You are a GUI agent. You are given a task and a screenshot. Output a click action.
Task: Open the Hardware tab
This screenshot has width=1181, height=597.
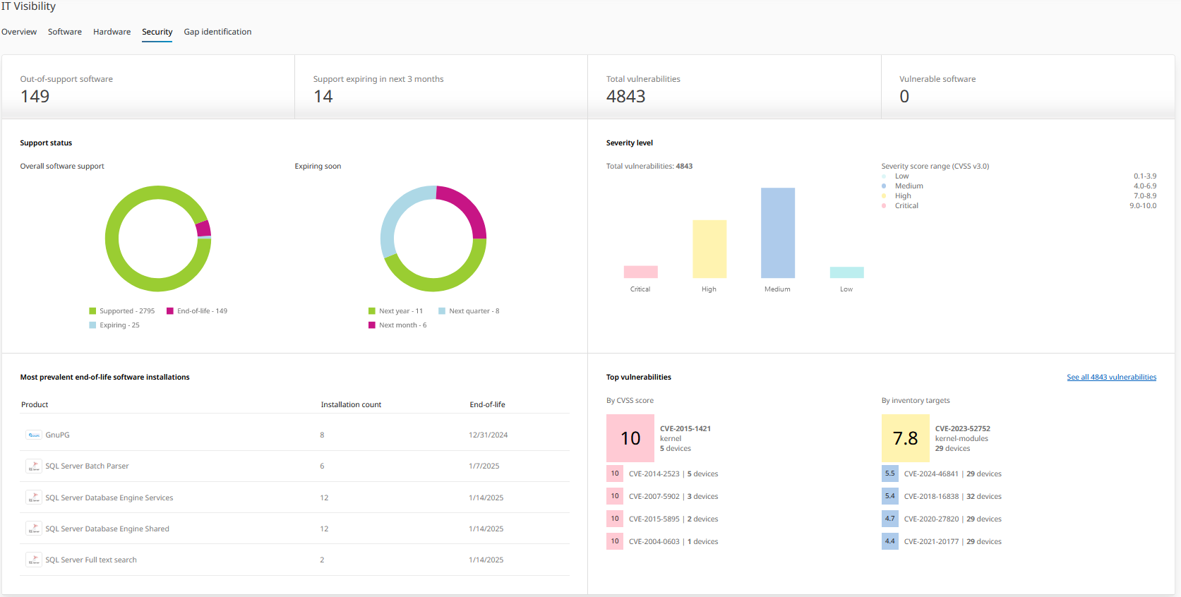tap(112, 32)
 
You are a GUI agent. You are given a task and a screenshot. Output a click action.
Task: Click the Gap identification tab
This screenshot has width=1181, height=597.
tap(217, 32)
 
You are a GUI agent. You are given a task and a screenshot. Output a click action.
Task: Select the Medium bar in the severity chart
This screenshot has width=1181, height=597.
tap(777, 233)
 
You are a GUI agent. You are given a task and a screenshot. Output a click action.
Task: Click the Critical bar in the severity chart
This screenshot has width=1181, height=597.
tap(640, 272)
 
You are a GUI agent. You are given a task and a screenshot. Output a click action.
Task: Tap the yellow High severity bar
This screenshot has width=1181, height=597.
tap(709, 248)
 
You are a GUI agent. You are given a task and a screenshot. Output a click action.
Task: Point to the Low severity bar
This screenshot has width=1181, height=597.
tap(846, 272)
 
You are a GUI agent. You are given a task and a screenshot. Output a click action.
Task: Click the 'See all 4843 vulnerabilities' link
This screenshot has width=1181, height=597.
tap(1111, 378)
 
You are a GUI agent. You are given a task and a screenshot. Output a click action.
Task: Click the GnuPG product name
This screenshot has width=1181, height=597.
tap(57, 435)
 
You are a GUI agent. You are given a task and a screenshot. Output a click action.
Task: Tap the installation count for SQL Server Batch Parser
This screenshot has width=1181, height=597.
tap(322, 466)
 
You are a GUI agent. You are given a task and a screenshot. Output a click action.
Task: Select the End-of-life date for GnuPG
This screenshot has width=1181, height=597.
tap(488, 435)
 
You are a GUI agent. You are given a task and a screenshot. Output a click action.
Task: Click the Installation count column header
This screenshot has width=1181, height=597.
tap(351, 405)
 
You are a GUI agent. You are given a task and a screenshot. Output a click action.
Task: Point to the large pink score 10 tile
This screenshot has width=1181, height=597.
tap(630, 438)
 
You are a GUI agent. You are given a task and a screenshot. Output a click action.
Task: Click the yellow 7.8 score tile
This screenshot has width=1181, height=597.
tap(905, 438)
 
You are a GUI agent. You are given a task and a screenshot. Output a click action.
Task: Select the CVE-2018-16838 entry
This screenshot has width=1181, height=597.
tap(931, 497)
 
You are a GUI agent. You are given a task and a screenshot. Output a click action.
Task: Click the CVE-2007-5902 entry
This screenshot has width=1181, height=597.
tap(654, 497)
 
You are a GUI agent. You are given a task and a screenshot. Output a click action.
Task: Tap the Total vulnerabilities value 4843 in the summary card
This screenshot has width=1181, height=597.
tap(625, 97)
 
